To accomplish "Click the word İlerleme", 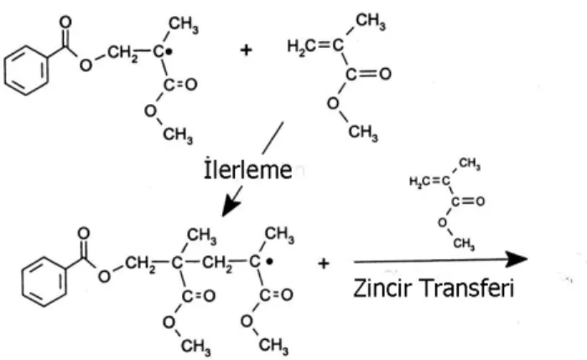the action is click(248, 170).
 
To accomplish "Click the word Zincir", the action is click(382, 288).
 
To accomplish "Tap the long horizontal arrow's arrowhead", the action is click(517, 259).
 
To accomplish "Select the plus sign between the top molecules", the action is click(246, 50).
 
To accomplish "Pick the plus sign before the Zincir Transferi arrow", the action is click(324, 263).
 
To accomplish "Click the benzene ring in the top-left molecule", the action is click(26, 70).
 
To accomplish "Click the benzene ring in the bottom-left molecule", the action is click(44, 282).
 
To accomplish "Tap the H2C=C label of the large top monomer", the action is click(315, 45).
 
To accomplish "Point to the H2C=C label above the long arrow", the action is click(429, 181).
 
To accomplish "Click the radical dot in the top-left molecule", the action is click(169, 52).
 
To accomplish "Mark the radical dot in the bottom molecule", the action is click(269, 262).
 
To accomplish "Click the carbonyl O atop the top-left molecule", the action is click(65, 22).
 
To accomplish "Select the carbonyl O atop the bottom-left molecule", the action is click(84, 233).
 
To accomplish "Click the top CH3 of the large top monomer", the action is click(371, 21).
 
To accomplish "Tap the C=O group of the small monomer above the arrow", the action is click(468, 201).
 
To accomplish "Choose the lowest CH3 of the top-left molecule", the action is click(178, 134).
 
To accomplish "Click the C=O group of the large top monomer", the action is click(368, 74).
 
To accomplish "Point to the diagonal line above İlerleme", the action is click(273, 138).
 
